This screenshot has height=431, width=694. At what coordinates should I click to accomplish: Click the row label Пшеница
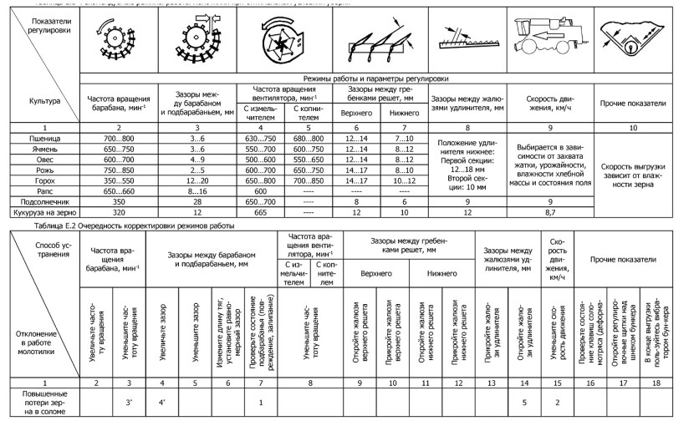click(x=42, y=137)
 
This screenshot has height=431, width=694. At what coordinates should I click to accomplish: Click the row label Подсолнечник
click(x=42, y=201)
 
